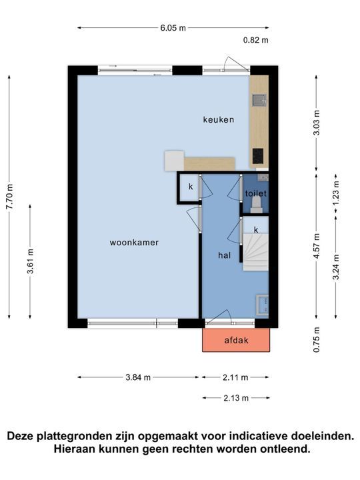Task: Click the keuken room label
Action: pos(219,120)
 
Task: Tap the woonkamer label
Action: pos(134,243)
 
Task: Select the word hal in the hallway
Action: pos(224,255)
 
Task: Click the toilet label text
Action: pos(255,193)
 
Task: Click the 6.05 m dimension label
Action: pos(173,28)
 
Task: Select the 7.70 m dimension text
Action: pos(9,197)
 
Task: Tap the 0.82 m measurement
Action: pos(255,40)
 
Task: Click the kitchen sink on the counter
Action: pos(259,101)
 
